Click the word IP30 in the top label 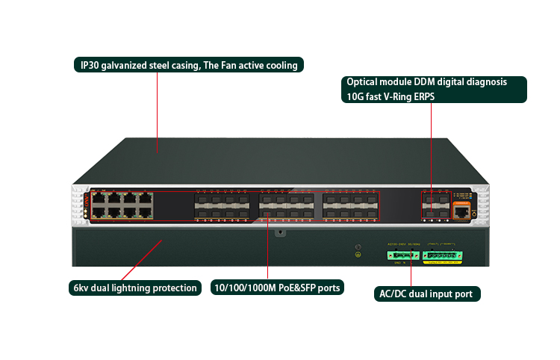tap(92, 66)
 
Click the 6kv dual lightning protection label tap(135, 288)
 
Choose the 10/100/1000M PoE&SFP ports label tap(277, 288)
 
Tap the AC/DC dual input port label tap(426, 294)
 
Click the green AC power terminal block tap(401, 256)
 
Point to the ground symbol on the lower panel tap(358, 255)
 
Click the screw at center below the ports tap(279, 232)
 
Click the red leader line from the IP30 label tap(158, 112)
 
